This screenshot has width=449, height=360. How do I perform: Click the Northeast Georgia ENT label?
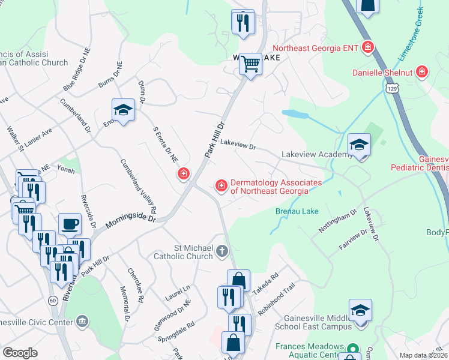pyautogui.click(x=316, y=47)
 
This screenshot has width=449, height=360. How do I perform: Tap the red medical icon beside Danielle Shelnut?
pyautogui.click(x=423, y=72)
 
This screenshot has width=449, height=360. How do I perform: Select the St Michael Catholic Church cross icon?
pyautogui.click(x=222, y=251)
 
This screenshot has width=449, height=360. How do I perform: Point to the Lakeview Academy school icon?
pyautogui.click(x=359, y=145)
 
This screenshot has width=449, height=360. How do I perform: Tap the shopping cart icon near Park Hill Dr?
pyautogui.click(x=250, y=64)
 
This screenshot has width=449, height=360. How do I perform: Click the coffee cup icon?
pyautogui.click(x=70, y=224)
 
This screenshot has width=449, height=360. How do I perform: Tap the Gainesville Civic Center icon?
pyautogui.click(x=82, y=323)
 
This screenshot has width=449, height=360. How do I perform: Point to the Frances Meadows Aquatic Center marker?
pyautogui.click(x=353, y=348)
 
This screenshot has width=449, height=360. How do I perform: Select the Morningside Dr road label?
pyautogui.click(x=131, y=221)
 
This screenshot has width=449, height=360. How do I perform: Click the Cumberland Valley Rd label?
pyautogui.click(x=138, y=186)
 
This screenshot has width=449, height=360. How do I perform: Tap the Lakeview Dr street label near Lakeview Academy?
pyautogui.click(x=238, y=144)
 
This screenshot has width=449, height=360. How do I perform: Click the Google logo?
pyautogui.click(x=20, y=353)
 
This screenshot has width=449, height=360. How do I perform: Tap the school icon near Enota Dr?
pyautogui.click(x=123, y=110)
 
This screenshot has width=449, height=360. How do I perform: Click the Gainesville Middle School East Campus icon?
pyautogui.click(x=360, y=311)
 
